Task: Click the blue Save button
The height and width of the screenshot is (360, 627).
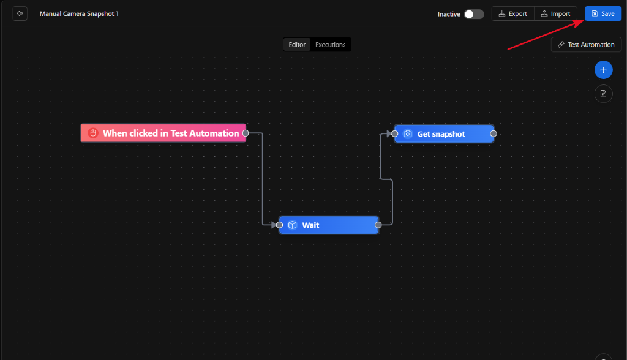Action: point(603,13)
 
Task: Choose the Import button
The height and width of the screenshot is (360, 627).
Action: point(555,13)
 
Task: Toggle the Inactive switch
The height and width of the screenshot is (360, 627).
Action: point(474,14)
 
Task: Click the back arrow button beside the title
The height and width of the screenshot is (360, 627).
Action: point(20,13)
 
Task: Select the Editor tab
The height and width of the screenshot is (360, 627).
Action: point(297,45)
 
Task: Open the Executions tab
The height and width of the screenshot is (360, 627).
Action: point(330,45)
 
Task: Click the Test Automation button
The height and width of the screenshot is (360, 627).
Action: point(586,45)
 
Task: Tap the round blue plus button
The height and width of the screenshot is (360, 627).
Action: point(603,70)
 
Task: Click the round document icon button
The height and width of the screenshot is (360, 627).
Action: point(603,94)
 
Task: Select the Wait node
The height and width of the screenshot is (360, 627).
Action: point(329,225)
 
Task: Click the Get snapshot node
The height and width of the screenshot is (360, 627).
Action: point(444,133)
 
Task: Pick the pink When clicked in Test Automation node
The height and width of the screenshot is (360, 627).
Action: point(163,133)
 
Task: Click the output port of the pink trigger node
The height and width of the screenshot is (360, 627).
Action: point(246,133)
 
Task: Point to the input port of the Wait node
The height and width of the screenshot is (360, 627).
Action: point(279,225)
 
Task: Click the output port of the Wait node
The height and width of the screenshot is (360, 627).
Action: point(378,225)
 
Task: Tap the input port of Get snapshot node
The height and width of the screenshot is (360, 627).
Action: point(395,133)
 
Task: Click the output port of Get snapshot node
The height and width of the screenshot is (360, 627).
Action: point(494,133)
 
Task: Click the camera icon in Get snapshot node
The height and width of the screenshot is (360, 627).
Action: point(407,134)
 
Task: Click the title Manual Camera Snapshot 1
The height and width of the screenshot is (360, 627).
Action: point(79,13)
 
